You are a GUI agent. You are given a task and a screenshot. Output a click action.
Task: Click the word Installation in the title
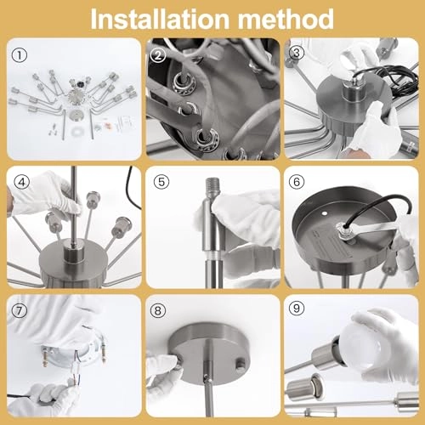pos(160,19)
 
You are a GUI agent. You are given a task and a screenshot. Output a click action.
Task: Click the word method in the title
pos(286,19)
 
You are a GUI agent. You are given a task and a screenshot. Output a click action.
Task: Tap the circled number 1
pos(20,55)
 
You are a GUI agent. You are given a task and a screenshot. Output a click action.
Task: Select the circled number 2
pos(158,55)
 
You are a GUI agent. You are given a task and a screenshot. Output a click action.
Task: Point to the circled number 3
pos(297,53)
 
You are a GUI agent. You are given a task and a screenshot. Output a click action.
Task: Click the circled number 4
pos(22,183)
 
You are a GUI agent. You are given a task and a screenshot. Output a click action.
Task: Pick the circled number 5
pos(161,182)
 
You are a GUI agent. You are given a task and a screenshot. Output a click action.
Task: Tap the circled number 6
pos(297,182)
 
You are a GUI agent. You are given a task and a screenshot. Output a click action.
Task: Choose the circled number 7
pos(19,311)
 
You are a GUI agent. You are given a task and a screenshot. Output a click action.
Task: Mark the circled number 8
pos(157,311)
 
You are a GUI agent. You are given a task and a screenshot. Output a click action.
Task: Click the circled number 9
pos(297,308)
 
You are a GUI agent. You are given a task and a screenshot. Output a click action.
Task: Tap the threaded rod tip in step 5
pos(212,187)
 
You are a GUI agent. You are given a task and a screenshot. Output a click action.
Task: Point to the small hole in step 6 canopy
pos(325,212)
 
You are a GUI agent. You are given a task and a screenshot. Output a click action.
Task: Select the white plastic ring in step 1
pos(76,132)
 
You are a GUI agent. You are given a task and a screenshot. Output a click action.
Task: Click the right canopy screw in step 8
pos(241,363)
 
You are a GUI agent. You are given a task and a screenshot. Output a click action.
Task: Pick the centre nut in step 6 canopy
pos(342,228)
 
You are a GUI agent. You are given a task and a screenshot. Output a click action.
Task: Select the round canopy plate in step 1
pos(76,116)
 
